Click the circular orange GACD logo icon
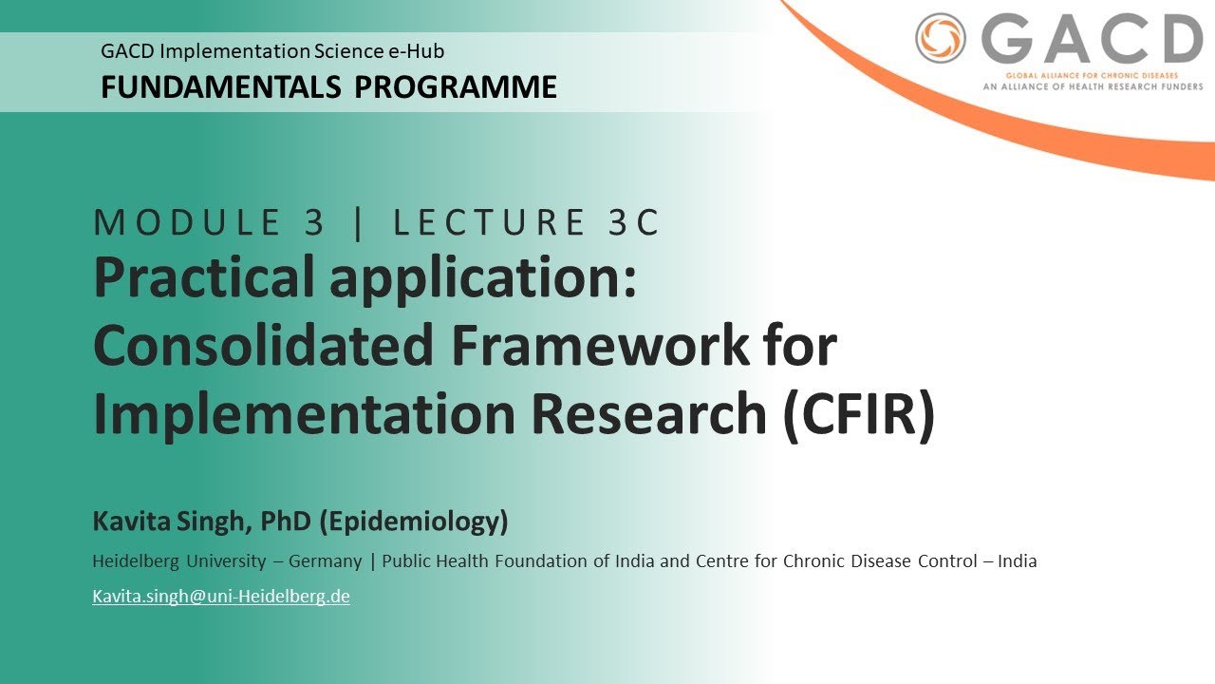coord(940,39)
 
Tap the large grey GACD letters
coord(1092,40)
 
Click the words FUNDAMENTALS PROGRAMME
coord(328,87)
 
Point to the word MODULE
coord(187,222)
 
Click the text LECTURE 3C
coord(526,222)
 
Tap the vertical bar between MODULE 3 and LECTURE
coord(358,222)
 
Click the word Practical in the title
coord(203,278)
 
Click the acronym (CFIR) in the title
coord(859,414)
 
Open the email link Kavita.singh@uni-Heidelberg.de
coord(220,597)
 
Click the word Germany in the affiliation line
coord(325,560)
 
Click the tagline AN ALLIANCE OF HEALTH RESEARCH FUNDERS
coord(1093,85)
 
